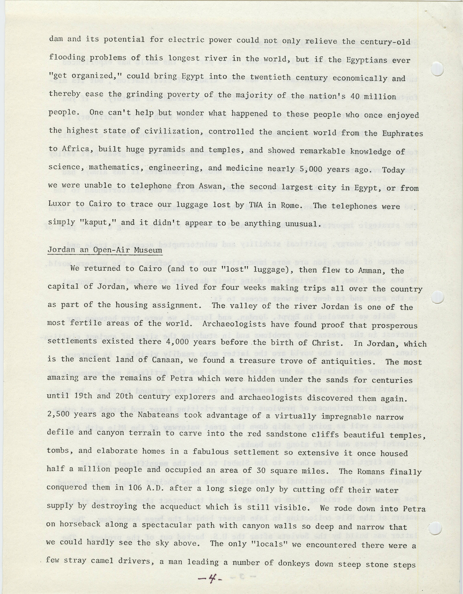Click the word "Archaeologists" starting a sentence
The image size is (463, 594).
click(234, 324)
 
